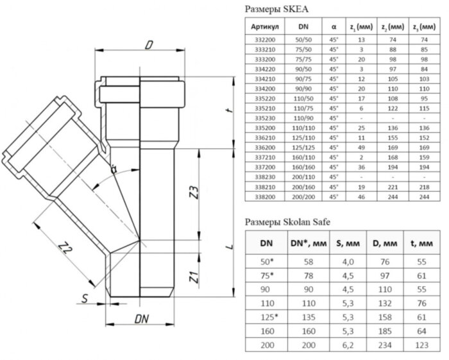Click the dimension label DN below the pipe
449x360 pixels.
pyautogui.click(x=142, y=319)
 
